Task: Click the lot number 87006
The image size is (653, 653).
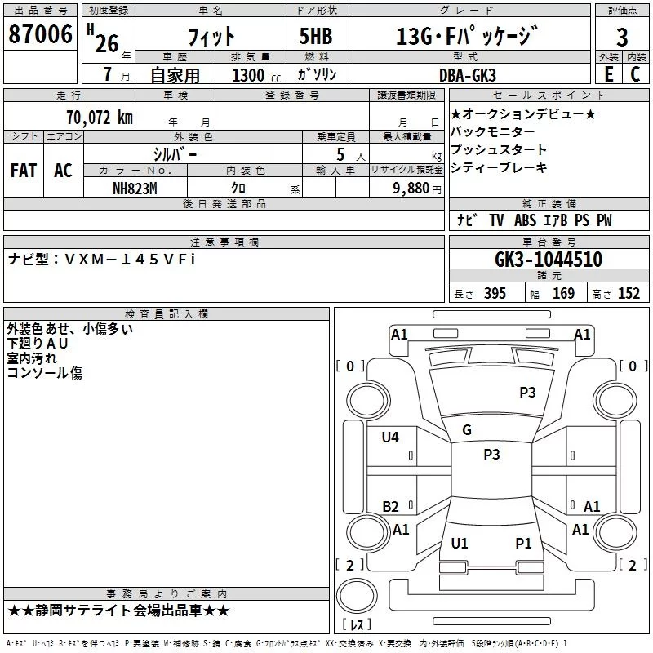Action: pos(40,34)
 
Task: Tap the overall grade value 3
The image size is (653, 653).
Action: pos(622,37)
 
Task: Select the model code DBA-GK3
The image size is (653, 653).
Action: pos(468,75)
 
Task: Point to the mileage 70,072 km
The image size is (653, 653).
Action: pos(100,118)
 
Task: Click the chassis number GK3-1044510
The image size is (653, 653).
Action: pos(549,259)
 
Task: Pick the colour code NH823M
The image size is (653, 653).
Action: pos(135,189)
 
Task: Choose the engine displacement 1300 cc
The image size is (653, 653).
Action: pos(256,75)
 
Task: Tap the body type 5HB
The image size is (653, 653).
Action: pos(316,36)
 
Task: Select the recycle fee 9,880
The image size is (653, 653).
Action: pos(411,189)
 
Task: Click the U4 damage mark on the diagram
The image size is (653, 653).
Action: pos(390,437)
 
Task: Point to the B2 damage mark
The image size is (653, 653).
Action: pos(390,506)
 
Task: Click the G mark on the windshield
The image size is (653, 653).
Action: pos(467,430)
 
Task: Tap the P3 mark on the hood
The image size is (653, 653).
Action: pos(527,392)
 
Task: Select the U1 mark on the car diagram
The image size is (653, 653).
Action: pos(460,543)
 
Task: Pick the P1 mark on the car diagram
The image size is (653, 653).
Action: pos(523,543)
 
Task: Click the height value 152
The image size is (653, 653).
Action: pos(629,293)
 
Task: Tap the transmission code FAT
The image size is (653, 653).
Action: pos(24,171)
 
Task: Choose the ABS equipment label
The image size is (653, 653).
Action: pos(525,220)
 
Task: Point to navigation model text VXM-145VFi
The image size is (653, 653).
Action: pos(131,260)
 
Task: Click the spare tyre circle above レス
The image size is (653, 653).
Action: pos(357,595)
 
